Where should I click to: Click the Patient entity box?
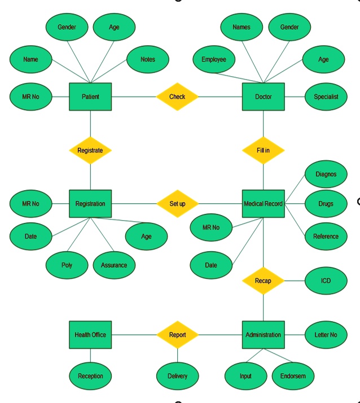(x=90, y=97)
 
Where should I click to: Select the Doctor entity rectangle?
(x=263, y=97)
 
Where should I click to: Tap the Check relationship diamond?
(x=177, y=97)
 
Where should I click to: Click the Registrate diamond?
(x=90, y=151)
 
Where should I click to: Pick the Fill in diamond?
(x=263, y=151)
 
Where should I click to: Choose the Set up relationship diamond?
(x=177, y=203)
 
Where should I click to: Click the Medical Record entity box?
(x=263, y=203)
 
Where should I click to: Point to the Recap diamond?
(x=263, y=281)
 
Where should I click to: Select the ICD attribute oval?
(x=326, y=281)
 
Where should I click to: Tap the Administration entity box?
(x=263, y=335)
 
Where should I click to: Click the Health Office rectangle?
(x=90, y=335)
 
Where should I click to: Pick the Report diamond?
(x=177, y=335)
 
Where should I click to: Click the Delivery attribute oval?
(x=177, y=376)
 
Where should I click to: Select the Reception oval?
(x=90, y=376)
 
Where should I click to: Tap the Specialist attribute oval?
(x=326, y=97)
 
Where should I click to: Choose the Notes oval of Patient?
(x=147, y=59)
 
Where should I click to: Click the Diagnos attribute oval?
(x=326, y=174)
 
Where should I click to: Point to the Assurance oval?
(x=114, y=265)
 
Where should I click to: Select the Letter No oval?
(x=326, y=335)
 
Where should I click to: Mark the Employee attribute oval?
(x=214, y=59)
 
